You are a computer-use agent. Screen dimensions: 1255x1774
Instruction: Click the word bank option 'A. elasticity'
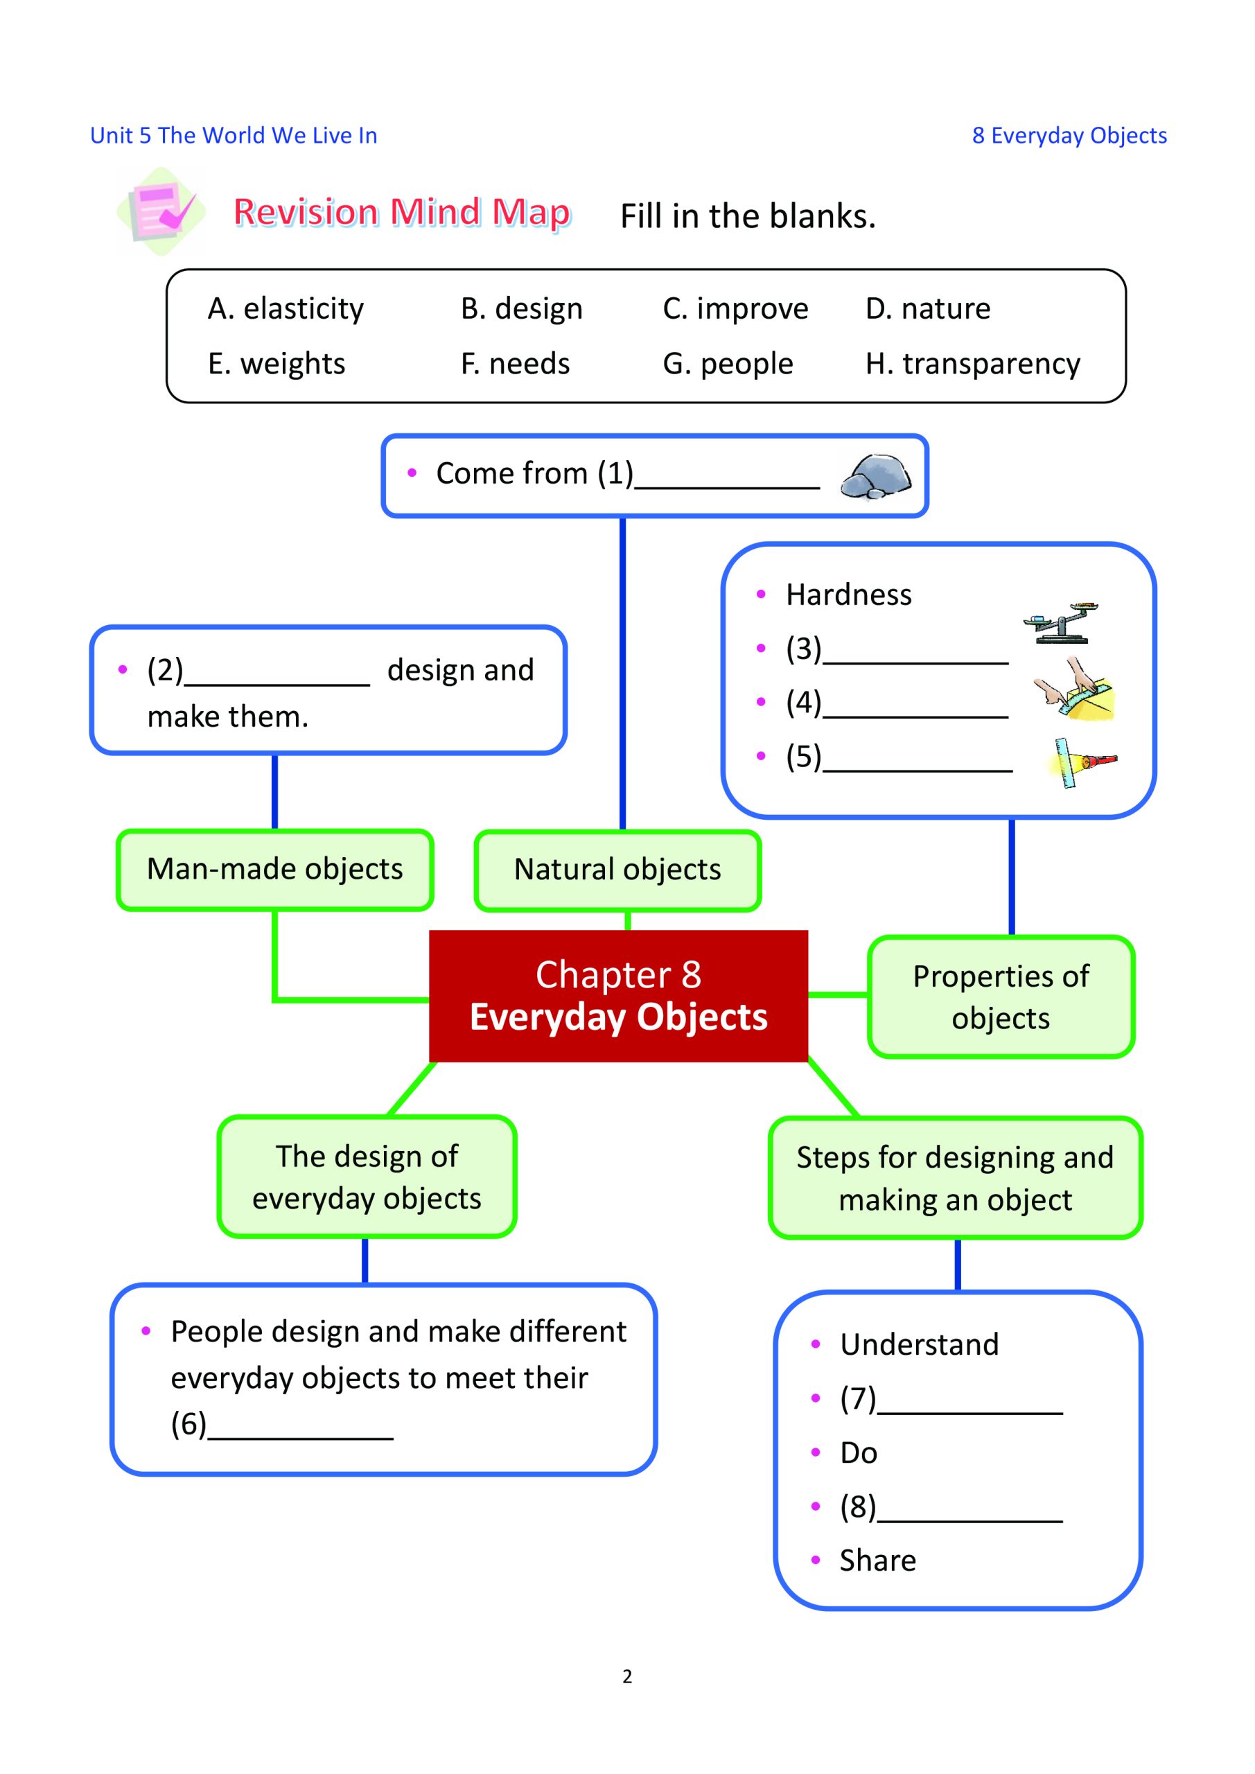point(285,309)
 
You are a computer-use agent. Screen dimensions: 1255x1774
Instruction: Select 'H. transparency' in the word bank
point(972,364)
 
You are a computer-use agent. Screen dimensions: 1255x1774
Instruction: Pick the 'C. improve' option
point(735,309)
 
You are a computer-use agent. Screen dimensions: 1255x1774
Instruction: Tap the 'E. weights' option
point(276,364)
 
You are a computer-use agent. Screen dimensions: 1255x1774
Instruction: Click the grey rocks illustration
point(875,477)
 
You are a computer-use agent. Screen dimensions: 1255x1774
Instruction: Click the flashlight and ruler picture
point(1082,762)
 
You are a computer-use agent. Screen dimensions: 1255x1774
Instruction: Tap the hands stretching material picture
point(1073,690)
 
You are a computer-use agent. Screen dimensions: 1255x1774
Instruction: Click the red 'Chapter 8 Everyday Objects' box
point(618,996)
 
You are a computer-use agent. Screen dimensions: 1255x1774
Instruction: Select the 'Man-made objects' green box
point(274,870)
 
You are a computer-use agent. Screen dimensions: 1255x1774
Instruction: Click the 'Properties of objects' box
point(1001,997)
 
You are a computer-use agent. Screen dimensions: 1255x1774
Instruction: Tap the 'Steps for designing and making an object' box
point(955,1178)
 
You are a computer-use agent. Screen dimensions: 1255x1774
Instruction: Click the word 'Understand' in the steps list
point(919,1345)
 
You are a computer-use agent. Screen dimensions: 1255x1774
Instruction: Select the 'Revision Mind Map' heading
point(402,213)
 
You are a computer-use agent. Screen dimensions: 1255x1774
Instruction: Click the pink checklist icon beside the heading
point(161,211)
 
